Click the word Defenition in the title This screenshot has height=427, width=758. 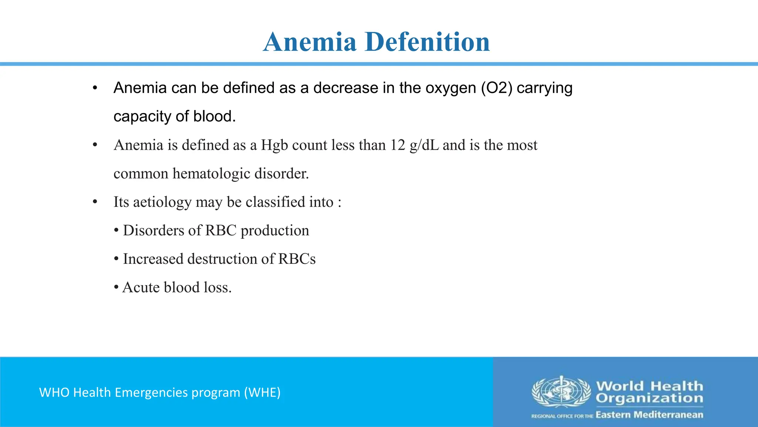pyautogui.click(x=427, y=42)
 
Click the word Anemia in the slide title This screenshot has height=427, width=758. pyautogui.click(x=310, y=42)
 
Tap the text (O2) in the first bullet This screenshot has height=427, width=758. pyautogui.click(x=497, y=88)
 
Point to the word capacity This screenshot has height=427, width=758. pyautogui.click(x=142, y=117)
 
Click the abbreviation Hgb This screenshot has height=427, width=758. pyautogui.click(x=274, y=145)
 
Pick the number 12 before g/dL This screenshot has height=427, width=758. pyautogui.click(x=398, y=145)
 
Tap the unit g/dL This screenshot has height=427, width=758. pyautogui.click(x=424, y=145)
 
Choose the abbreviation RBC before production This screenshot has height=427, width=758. pyautogui.click(x=221, y=231)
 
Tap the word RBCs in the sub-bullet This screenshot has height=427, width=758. pyautogui.click(x=297, y=259)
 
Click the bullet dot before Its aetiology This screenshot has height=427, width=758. pyautogui.click(x=95, y=202)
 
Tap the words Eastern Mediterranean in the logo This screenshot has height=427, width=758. pyautogui.click(x=649, y=415)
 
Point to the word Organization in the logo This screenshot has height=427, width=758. pyautogui.click(x=649, y=398)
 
